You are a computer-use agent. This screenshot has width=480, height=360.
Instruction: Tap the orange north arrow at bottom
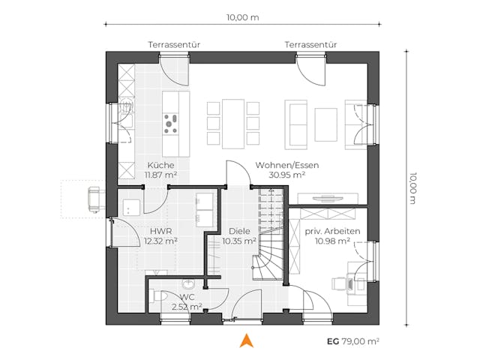pos(244,340)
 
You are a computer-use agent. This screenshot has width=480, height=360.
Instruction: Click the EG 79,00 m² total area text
pos(352,341)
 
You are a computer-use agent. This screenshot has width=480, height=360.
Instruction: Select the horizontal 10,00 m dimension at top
pos(244,17)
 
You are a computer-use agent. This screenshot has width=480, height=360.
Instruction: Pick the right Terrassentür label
pos(310,45)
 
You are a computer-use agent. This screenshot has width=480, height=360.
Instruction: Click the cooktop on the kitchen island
pos(172,118)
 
